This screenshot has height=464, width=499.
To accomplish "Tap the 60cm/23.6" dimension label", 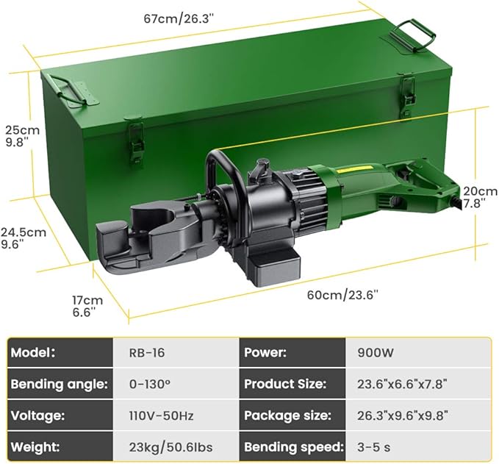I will point(342,295).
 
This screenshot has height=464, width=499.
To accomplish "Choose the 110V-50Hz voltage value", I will point(157,415).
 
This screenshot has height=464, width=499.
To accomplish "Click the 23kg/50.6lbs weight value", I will point(162,447).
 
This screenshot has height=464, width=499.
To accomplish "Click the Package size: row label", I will point(287,415).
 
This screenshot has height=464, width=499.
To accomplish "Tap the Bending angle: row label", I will point(60,384).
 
